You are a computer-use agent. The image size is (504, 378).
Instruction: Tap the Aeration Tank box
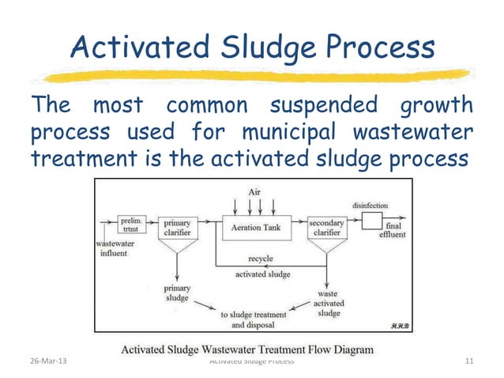(254, 227)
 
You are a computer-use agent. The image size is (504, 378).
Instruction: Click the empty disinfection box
(372, 221)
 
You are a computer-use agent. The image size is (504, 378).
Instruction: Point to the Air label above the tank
(254, 192)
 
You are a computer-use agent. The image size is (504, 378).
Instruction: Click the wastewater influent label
(118, 249)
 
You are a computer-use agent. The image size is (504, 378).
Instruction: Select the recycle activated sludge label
(261, 266)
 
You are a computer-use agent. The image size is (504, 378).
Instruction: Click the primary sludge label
(176, 293)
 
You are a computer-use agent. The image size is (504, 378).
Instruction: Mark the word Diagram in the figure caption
(348, 348)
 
